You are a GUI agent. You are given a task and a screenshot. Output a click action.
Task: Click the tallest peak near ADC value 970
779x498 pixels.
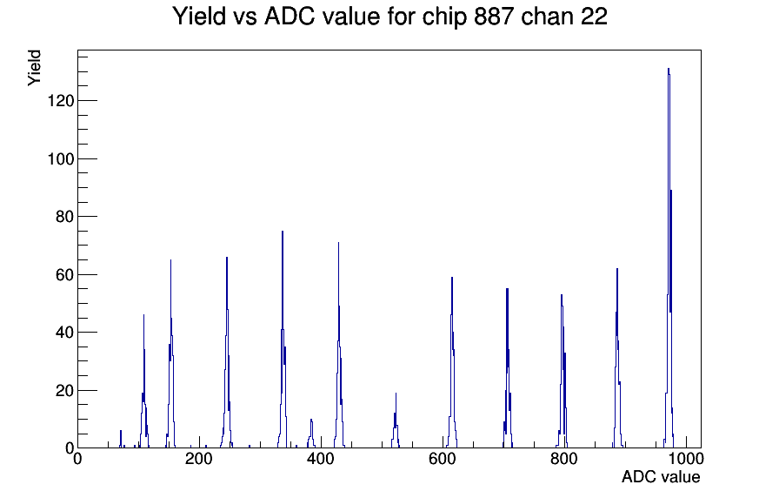tap(669, 259)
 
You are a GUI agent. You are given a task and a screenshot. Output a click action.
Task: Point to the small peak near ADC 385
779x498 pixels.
tap(311, 434)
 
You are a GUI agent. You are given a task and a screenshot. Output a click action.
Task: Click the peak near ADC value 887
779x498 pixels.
tap(617, 358)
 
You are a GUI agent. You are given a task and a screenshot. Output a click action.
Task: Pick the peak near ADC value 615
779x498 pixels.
tap(452, 363)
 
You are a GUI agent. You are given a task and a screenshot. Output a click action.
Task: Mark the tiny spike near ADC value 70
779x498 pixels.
tap(121, 440)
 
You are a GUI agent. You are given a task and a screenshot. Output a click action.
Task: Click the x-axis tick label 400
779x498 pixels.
tap(321, 459)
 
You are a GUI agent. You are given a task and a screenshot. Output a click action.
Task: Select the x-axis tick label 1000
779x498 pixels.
tap(686, 459)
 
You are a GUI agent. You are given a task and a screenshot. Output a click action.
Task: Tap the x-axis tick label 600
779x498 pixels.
tap(443, 459)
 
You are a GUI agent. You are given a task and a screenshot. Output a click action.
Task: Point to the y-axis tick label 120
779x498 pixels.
tap(61, 101)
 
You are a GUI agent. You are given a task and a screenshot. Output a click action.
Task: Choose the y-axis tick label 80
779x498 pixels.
tap(64, 217)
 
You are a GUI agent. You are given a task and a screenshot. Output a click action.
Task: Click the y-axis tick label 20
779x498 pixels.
tap(64, 391)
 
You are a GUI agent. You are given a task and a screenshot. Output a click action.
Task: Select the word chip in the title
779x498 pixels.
tap(444, 17)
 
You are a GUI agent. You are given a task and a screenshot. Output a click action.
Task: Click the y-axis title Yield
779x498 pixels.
tap(34, 68)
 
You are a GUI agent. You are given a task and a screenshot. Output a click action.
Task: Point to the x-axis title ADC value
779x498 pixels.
tap(661, 477)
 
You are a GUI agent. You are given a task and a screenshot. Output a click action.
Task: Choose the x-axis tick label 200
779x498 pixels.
tap(199, 459)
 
